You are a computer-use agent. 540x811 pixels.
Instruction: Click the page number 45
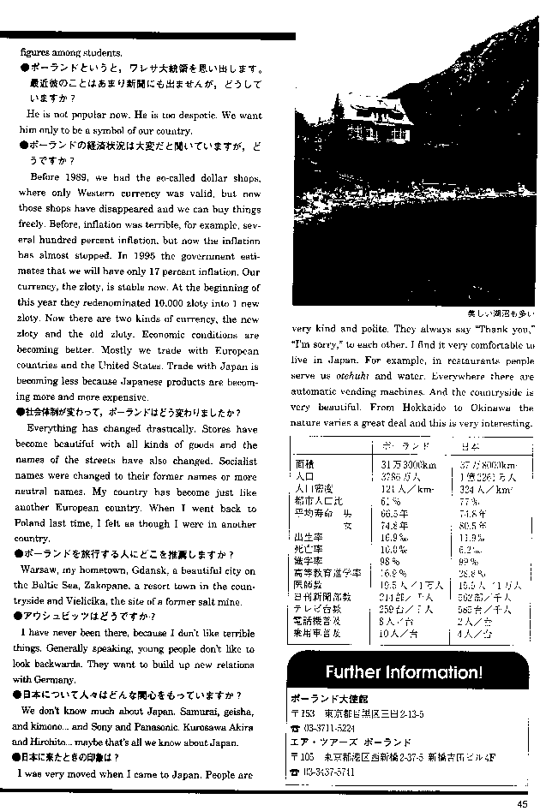tap(522, 802)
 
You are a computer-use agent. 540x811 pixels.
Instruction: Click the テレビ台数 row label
tap(314, 610)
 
